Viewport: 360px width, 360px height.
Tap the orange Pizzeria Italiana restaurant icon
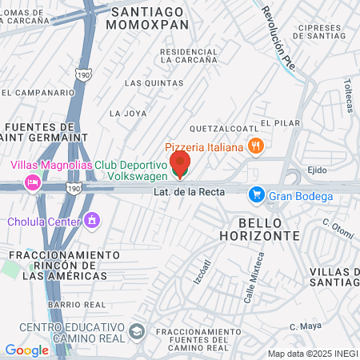tap(256, 146)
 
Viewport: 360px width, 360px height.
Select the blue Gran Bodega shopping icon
tap(256, 194)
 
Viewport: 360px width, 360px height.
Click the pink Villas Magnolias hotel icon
tap(33, 182)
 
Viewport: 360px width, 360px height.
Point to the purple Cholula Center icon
tap(93, 220)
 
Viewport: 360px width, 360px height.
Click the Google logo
tap(26, 350)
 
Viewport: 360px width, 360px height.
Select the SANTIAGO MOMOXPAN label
tap(151, 18)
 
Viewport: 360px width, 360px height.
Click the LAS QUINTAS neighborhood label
tap(145, 82)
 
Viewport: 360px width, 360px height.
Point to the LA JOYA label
tap(129, 113)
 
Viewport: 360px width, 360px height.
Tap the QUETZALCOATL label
tap(223, 128)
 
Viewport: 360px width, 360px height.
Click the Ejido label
tap(318, 170)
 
